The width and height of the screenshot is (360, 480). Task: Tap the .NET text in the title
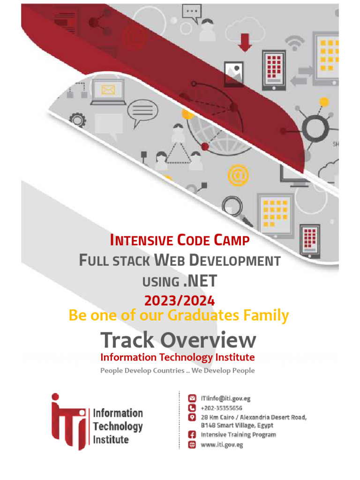[x=199, y=281]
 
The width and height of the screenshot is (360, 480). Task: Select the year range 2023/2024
[x=179, y=300]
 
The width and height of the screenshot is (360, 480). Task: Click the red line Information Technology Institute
[x=178, y=357]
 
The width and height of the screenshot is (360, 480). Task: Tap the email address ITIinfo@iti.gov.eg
[x=225, y=398]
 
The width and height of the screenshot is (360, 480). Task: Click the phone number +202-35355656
[x=221, y=408]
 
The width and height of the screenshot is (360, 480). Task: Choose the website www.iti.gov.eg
[x=222, y=444]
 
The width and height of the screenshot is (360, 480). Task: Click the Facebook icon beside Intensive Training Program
[x=191, y=435]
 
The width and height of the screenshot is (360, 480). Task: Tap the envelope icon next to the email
[x=191, y=398]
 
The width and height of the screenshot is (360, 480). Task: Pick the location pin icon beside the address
[x=191, y=417]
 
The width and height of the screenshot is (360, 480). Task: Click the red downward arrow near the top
[x=244, y=42]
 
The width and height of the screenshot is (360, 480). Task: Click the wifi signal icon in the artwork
[x=295, y=43]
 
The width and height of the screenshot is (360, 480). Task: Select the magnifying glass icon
[x=232, y=207]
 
